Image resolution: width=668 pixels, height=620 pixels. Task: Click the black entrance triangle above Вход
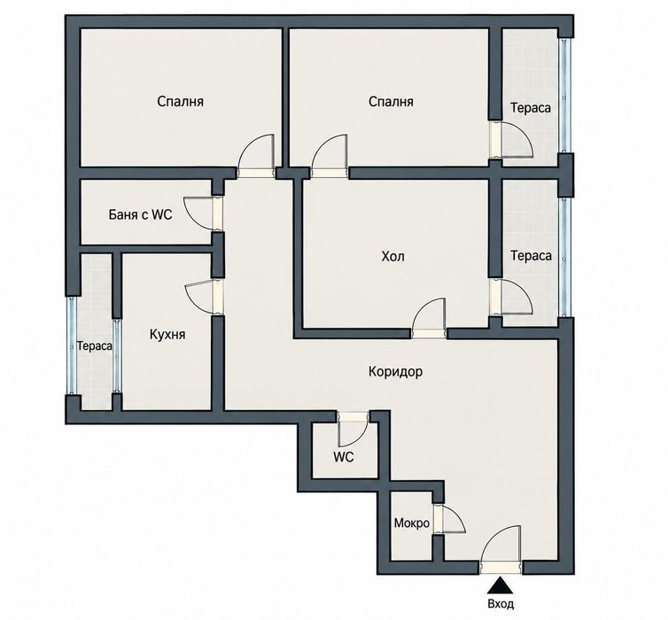501,585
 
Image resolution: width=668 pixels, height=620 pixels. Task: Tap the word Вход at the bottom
501,604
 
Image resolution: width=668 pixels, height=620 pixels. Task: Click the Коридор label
396,372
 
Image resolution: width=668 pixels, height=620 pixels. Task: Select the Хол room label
392,256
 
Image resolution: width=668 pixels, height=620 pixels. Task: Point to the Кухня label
167,335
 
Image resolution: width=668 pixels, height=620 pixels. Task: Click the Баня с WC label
141,214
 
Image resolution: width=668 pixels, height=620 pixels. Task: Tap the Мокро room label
412,523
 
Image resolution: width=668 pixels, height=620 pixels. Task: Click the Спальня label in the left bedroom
180,102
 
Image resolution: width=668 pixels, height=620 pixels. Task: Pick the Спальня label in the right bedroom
391,102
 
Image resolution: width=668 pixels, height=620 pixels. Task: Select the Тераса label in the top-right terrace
531,108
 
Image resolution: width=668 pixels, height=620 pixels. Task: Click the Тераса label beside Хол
531,256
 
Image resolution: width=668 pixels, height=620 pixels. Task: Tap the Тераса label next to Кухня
95,346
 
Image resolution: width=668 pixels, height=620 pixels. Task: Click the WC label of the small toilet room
344,457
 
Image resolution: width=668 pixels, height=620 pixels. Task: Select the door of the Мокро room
453,519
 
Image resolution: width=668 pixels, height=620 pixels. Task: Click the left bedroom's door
256,152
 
